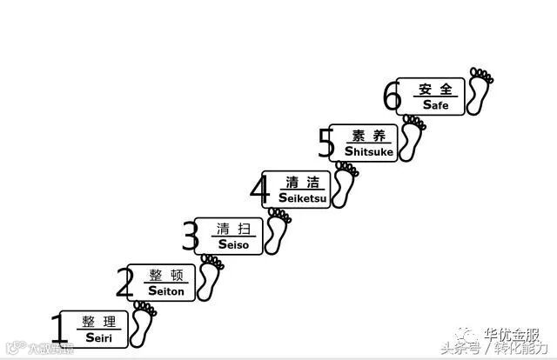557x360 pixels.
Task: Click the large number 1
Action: [x=58, y=330]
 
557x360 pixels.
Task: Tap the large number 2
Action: [x=126, y=283]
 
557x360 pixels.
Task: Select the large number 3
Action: [x=191, y=237]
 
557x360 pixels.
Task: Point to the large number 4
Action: [x=259, y=189]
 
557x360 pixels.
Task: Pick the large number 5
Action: [x=326, y=143]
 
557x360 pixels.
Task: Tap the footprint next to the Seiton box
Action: [x=210, y=278]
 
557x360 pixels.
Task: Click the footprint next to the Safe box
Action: [x=480, y=90]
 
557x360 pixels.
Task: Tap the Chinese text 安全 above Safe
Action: [x=436, y=89]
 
